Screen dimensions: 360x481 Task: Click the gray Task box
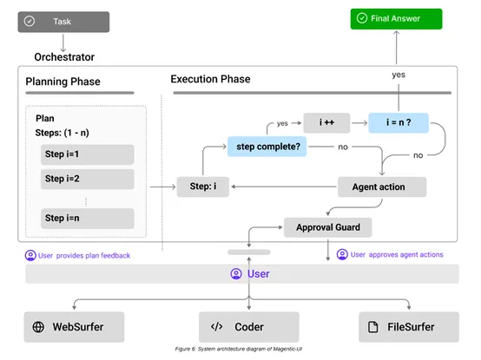(x=63, y=21)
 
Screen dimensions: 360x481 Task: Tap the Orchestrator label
(x=64, y=57)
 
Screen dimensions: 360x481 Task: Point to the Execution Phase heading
(x=210, y=79)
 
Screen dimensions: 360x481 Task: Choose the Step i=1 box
(x=88, y=154)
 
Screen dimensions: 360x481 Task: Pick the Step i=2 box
(x=88, y=180)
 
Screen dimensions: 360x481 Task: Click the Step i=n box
(x=88, y=217)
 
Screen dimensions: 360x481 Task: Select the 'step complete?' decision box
(x=268, y=147)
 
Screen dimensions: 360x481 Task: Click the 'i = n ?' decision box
(x=398, y=122)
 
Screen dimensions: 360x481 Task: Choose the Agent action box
(x=383, y=187)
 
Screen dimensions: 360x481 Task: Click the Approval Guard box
(x=327, y=227)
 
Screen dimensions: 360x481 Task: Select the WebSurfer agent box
(x=75, y=327)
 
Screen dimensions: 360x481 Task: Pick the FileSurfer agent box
(x=408, y=327)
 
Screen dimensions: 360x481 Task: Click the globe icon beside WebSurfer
(x=39, y=327)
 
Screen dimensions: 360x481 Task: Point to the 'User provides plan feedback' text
(x=79, y=255)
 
